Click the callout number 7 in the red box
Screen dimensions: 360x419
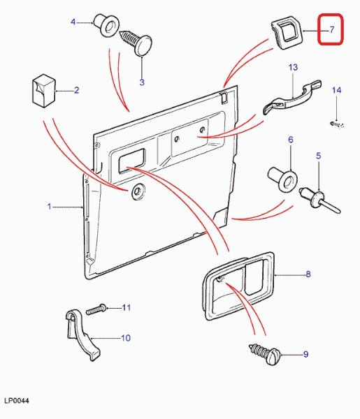tap(331, 29)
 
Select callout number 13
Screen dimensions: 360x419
tap(293, 67)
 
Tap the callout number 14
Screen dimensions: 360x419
tap(336, 90)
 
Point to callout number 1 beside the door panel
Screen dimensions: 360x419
tap(49, 206)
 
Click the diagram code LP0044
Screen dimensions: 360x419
tap(17, 401)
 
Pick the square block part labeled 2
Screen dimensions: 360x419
tap(44, 91)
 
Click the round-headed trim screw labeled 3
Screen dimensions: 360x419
tap(136, 42)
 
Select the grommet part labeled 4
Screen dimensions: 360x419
tap(106, 25)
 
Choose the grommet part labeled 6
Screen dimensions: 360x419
tap(283, 179)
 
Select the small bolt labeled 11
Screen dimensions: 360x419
tap(96, 309)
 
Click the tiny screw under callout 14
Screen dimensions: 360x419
tap(336, 124)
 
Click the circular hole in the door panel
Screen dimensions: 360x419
tap(137, 191)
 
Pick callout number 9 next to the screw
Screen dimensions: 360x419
tap(305, 354)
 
